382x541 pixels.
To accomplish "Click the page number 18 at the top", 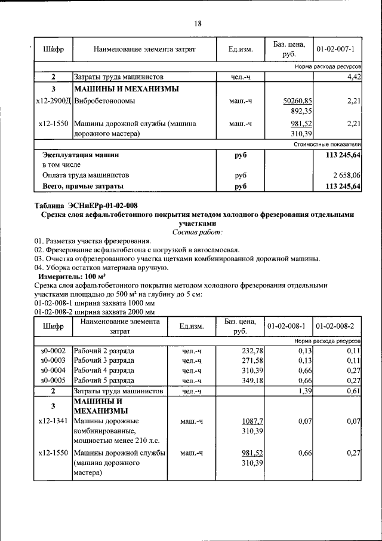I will (x=198, y=24).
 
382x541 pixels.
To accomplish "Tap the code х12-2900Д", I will (x=53, y=101).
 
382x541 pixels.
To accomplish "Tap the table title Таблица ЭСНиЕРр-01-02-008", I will (x=86, y=206).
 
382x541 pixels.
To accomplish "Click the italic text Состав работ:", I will (x=197, y=231).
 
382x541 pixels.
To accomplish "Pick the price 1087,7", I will (x=253, y=421).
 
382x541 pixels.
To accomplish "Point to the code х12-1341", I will (x=53, y=421).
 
